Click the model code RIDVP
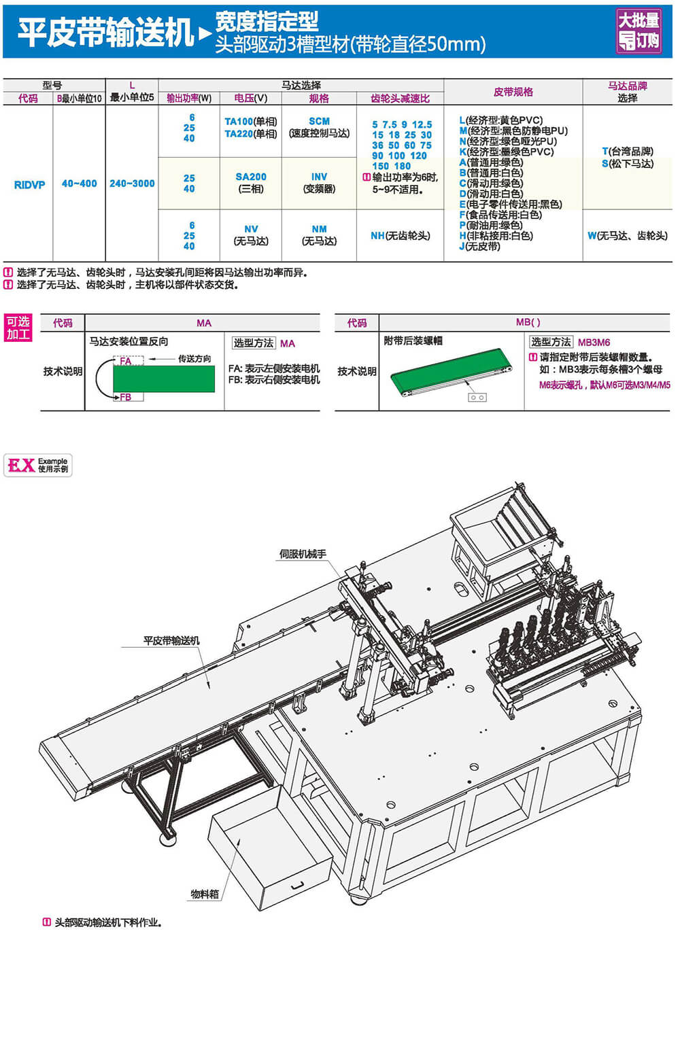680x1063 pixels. click(x=29, y=184)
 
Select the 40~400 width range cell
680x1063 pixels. click(x=79, y=184)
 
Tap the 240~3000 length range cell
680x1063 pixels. click(x=132, y=184)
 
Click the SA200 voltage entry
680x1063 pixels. click(x=251, y=177)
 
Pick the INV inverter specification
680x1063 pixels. click(x=319, y=177)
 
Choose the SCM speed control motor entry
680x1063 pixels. click(x=319, y=122)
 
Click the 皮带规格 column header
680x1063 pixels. click(x=513, y=92)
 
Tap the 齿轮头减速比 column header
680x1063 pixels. click(x=400, y=99)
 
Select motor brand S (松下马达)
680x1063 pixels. click(x=627, y=164)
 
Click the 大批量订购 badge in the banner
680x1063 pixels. click(x=639, y=31)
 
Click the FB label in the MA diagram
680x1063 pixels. click(x=125, y=398)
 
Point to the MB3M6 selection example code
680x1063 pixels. click(x=594, y=343)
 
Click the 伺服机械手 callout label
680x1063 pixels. click(x=303, y=554)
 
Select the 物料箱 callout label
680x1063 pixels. click(x=205, y=894)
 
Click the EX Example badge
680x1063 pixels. click(x=38, y=465)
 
